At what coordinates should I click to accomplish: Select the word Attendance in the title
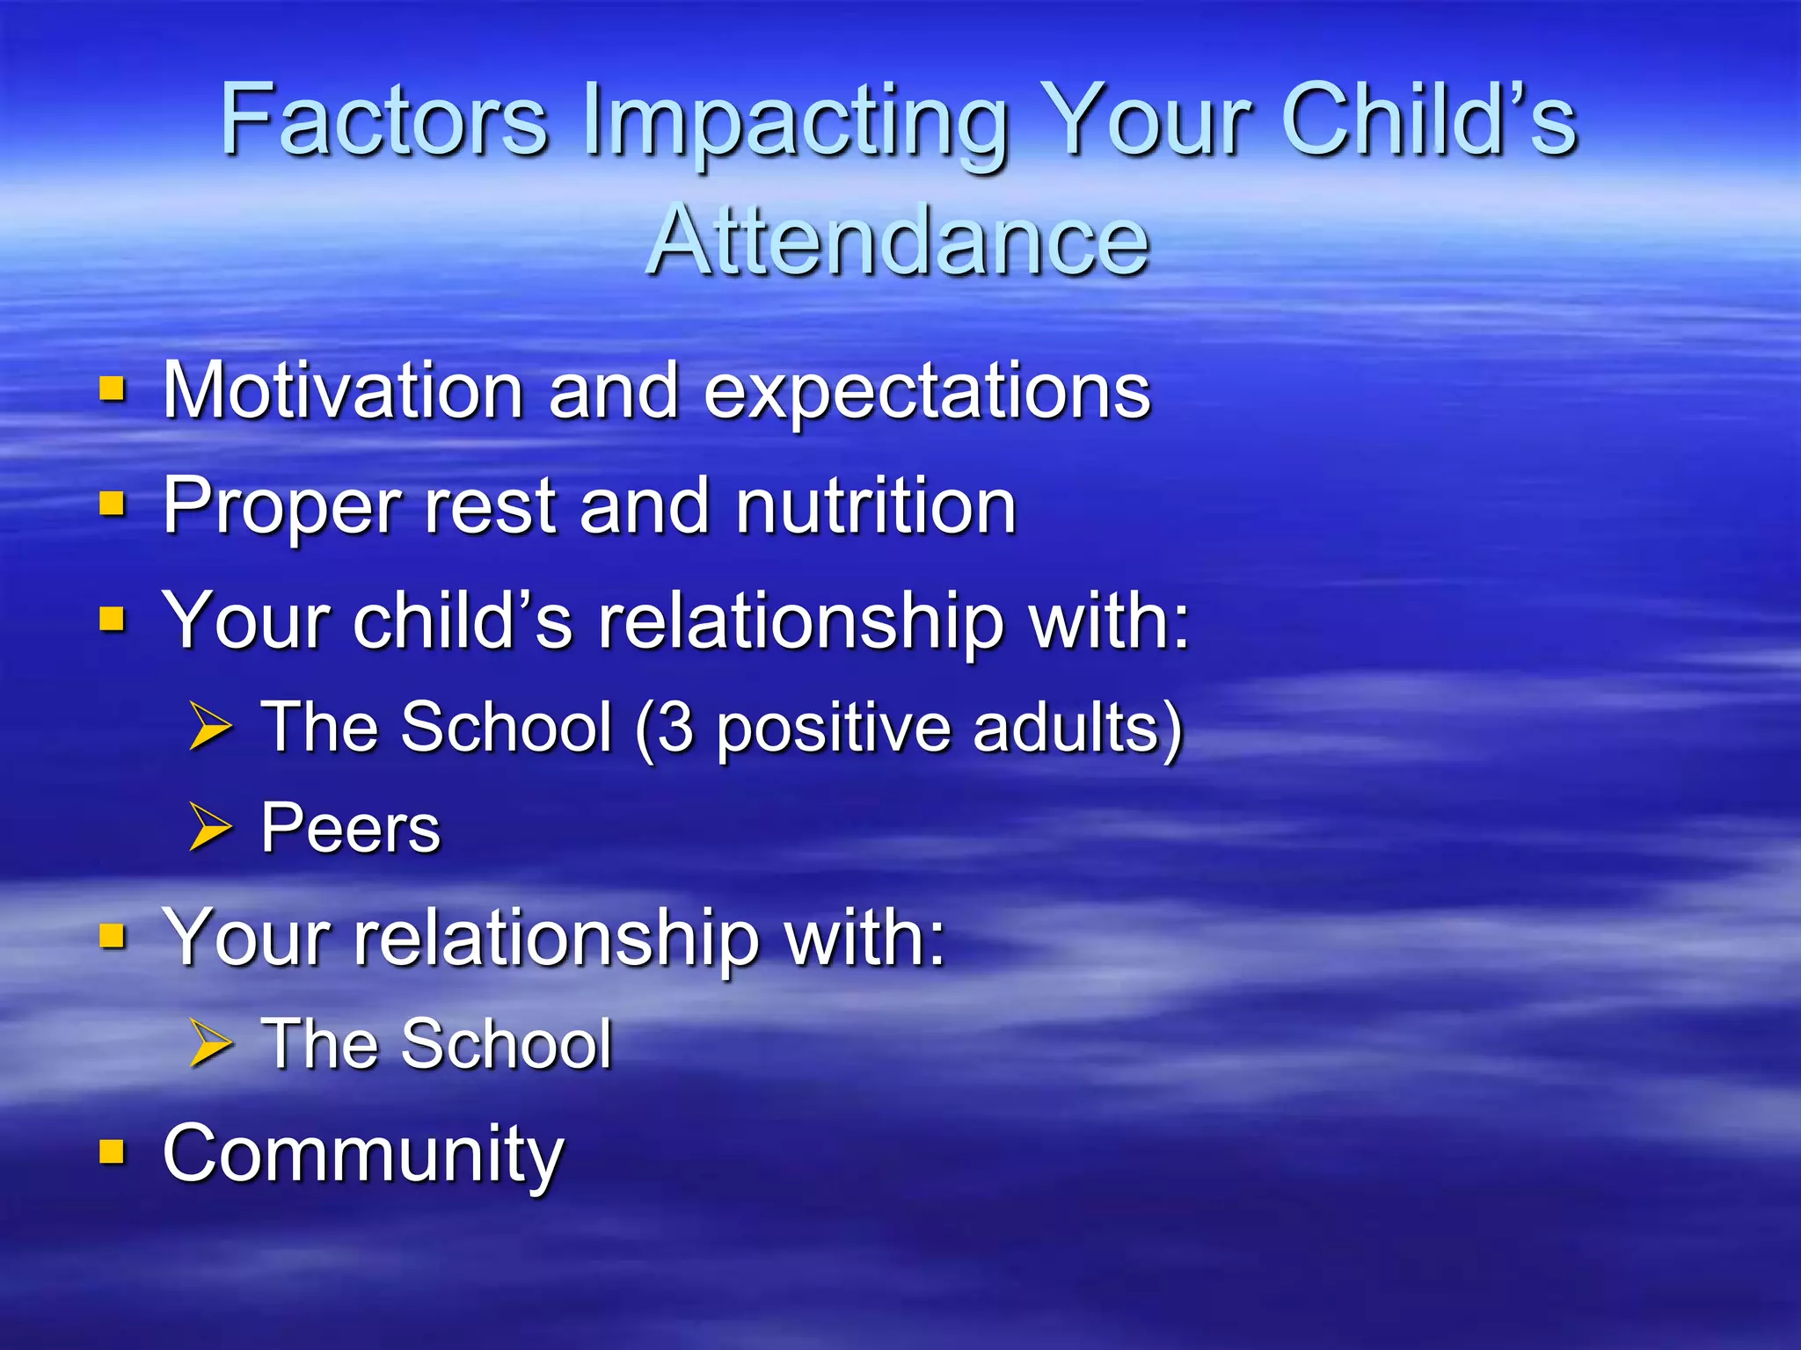point(898,240)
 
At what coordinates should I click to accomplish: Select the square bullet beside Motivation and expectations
point(112,388)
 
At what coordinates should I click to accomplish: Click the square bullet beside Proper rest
point(112,504)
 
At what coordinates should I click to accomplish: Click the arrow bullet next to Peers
point(210,827)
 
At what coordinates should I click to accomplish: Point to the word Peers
point(350,828)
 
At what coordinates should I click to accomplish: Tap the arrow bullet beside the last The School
point(210,1043)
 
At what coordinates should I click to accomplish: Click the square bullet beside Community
point(112,1150)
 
